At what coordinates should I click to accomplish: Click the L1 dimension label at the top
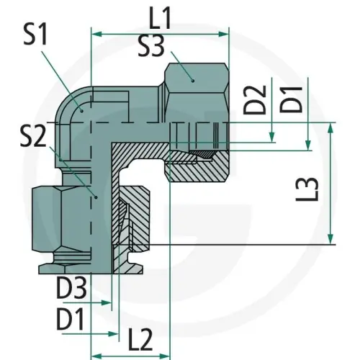160,19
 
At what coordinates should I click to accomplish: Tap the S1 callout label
35,35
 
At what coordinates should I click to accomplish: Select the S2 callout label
33,137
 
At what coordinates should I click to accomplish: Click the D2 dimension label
255,99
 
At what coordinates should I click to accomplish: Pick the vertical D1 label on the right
291,99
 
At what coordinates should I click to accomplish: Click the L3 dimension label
307,189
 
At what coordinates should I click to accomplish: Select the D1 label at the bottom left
70,320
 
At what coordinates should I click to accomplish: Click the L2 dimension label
140,340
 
